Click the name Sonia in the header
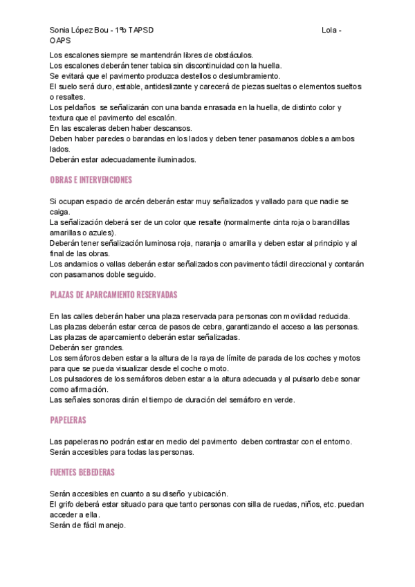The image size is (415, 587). click(x=60, y=31)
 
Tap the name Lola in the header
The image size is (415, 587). click(x=331, y=31)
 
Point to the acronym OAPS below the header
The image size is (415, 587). click(x=60, y=41)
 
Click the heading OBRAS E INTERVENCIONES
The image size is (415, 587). click(x=91, y=180)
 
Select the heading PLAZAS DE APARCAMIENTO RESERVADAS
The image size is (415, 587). click(x=113, y=295)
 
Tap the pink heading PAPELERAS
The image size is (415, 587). click(x=68, y=420)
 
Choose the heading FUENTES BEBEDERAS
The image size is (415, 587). click(x=82, y=472)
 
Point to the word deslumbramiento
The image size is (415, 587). click(x=248, y=75)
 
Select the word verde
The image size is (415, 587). click(x=283, y=399)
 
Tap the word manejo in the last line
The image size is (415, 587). click(x=111, y=525)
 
